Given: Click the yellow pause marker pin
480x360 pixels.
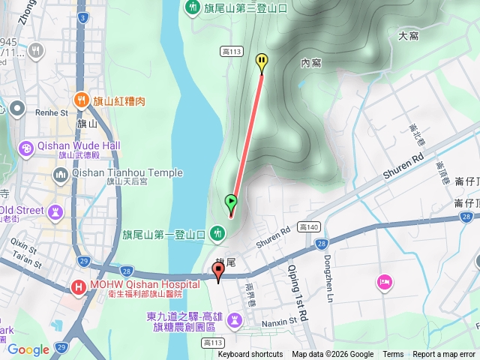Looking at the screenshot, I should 262,61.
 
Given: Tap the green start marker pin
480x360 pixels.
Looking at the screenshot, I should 231,202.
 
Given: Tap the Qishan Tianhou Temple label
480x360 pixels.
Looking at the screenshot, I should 127,172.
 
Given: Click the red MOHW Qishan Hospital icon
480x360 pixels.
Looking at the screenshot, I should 78,286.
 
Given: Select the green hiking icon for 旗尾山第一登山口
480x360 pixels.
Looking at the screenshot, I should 217,234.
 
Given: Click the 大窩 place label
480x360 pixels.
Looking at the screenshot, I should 409,35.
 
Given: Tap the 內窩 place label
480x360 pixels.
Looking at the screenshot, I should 310,63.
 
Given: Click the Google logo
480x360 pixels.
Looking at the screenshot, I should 28,349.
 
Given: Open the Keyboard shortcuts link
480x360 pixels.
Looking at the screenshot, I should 250,355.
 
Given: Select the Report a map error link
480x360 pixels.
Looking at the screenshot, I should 444,355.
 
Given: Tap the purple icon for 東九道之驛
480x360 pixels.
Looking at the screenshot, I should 234,320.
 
